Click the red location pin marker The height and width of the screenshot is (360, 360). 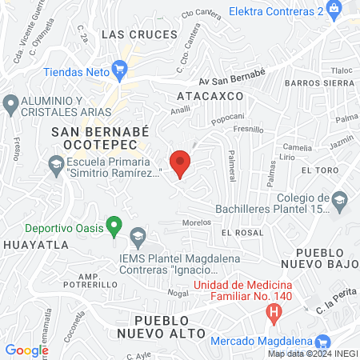181,162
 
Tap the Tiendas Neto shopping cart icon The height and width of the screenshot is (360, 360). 120,69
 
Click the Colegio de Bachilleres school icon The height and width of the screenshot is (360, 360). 340,199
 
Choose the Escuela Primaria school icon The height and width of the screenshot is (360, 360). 56,166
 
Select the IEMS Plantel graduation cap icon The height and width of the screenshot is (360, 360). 138,236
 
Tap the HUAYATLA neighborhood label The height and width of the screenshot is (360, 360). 35,245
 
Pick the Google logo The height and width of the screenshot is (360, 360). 27,350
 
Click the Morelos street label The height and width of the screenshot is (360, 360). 195,222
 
